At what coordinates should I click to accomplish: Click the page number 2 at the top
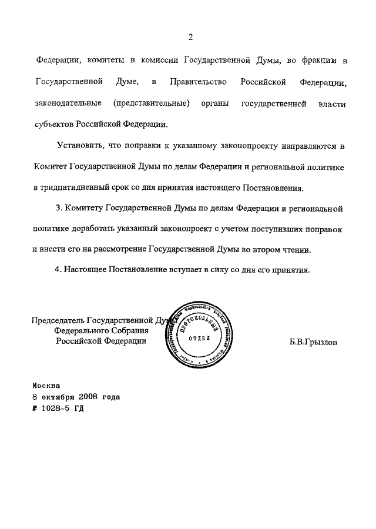click(190, 37)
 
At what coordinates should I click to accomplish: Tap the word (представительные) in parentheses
click(151, 103)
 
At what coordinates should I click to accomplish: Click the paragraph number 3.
click(59, 208)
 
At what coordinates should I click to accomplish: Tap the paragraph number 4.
click(58, 270)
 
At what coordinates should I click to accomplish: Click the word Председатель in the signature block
click(58, 321)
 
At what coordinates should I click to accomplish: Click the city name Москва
click(46, 386)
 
